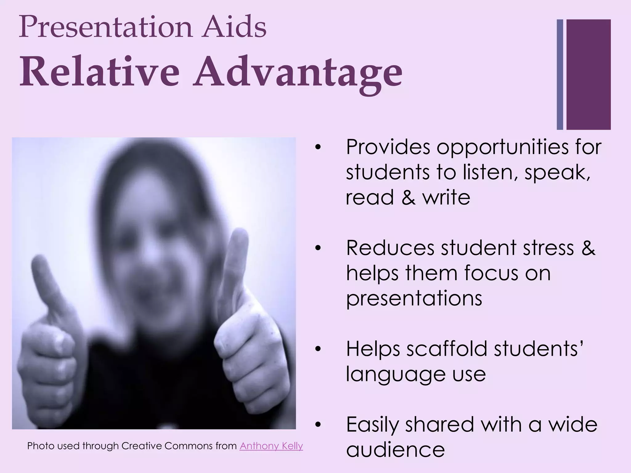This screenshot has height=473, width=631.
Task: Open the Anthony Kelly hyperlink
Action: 271,446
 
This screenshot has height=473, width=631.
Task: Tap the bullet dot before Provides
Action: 318,147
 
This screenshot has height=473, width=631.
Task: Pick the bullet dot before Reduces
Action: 318,248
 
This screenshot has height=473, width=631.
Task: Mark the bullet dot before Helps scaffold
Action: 318,349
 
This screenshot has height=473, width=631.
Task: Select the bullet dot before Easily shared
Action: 318,425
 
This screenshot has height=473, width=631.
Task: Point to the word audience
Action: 395,450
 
